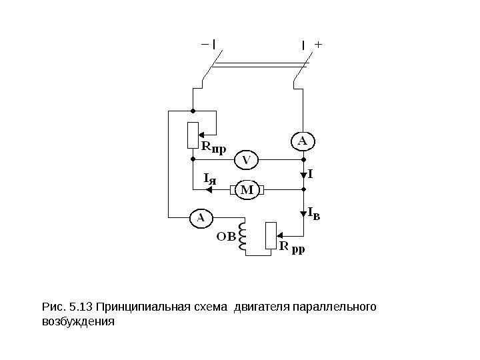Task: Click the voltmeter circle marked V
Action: (x=246, y=160)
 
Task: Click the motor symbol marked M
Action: (x=247, y=190)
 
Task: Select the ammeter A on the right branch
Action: (x=302, y=141)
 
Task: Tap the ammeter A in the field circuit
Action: (x=199, y=217)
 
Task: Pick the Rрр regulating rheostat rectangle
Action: (x=270, y=235)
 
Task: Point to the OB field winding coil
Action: (x=244, y=238)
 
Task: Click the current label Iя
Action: (x=210, y=179)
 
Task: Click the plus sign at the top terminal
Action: (x=317, y=45)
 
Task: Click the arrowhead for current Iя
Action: (x=209, y=190)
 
